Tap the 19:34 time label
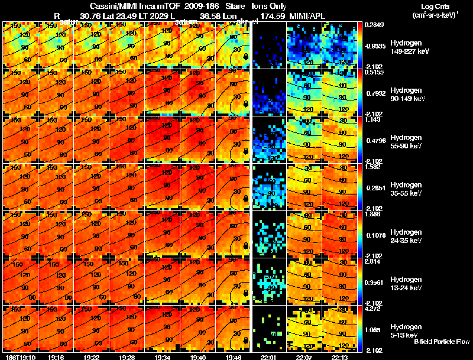click(x=161, y=356)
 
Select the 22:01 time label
click(x=268, y=356)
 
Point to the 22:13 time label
click(x=339, y=356)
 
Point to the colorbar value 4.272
click(x=372, y=308)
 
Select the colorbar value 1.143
click(x=372, y=119)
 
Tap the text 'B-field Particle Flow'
click(x=442, y=342)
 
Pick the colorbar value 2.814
click(x=372, y=261)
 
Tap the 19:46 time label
click(x=232, y=356)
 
